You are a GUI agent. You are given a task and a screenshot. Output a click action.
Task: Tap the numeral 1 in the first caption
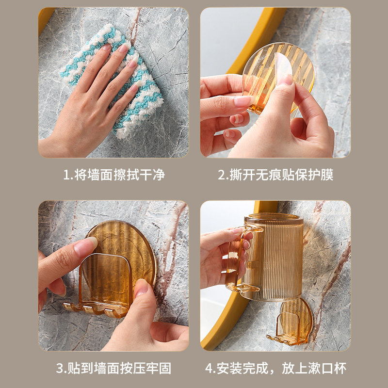click(66, 175)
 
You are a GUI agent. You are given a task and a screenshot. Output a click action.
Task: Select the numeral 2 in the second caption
click(222, 175)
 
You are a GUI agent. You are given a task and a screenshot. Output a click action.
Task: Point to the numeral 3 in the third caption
click(60, 368)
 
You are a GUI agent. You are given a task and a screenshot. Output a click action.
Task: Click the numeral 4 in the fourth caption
click(209, 368)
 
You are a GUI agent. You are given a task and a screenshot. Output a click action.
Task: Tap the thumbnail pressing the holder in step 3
click(142, 288)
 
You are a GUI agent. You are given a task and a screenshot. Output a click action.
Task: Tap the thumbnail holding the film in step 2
click(286, 80)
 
